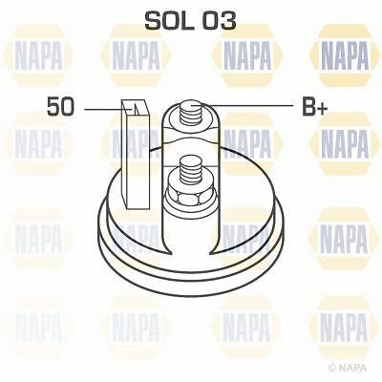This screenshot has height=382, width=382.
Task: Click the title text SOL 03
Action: [190, 20]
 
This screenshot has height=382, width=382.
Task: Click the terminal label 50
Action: [60, 108]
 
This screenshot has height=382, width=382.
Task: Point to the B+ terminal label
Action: [314, 108]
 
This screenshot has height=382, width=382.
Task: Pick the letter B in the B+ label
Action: [308, 108]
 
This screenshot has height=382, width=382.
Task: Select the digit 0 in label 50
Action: [67, 108]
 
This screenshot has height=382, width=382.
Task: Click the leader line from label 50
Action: [100, 109]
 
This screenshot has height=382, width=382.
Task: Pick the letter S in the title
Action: [153, 20]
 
